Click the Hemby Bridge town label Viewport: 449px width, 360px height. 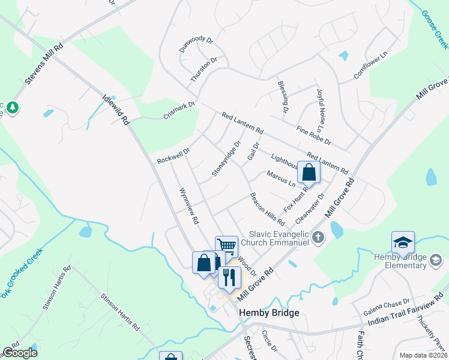tap(269, 313)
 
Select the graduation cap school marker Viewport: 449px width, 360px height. tap(403, 242)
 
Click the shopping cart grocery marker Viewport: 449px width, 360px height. tap(226, 246)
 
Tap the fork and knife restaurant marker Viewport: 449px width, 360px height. tap(229, 277)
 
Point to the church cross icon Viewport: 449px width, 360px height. tap(318, 238)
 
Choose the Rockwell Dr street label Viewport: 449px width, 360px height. tap(173, 157)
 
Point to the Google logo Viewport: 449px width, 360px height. tap(20, 353)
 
